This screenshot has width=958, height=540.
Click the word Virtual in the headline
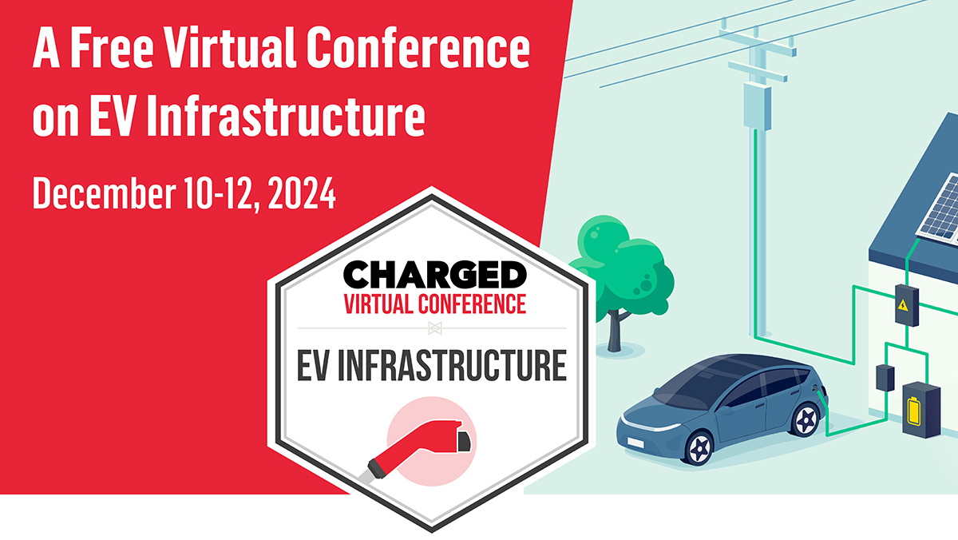pyautogui.click(x=231, y=47)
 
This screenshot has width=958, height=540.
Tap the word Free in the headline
pyautogui.click(x=111, y=47)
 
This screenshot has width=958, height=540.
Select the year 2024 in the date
pyautogui.click(x=302, y=193)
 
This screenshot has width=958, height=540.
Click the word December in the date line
pyautogui.click(x=104, y=193)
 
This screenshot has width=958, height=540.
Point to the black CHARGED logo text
pyautogui.click(x=434, y=275)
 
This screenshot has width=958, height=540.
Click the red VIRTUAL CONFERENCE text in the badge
pyautogui.click(x=434, y=304)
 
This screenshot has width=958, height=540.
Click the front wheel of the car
pyautogui.click(x=699, y=448)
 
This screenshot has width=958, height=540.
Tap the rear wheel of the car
pyautogui.click(x=805, y=419)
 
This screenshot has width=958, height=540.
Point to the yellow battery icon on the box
pyautogui.click(x=914, y=411)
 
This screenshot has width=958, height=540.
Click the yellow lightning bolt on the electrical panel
pyautogui.click(x=902, y=305)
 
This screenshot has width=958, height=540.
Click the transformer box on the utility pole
pyautogui.click(x=757, y=106)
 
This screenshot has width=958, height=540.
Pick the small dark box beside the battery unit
pyautogui.click(x=885, y=378)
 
